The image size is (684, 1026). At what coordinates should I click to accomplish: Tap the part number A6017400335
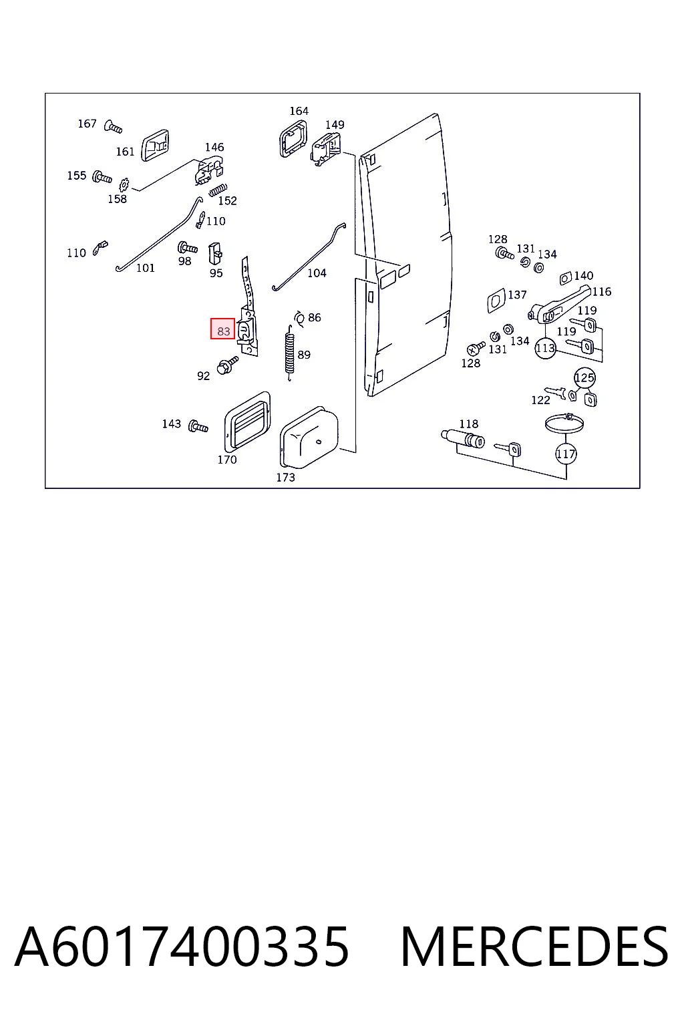tap(182, 947)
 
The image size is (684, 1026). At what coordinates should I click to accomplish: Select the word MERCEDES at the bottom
tap(534, 947)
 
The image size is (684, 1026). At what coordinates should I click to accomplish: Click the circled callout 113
tap(545, 348)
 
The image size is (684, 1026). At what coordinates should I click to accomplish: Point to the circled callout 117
tap(566, 454)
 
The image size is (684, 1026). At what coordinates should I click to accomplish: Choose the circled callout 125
tap(584, 378)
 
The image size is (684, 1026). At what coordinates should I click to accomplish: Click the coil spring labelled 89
tap(289, 353)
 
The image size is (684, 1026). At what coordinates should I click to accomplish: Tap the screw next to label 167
tap(113, 126)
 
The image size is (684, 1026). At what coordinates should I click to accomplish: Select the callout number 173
tap(285, 478)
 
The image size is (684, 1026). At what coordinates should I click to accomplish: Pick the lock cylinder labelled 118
tap(463, 439)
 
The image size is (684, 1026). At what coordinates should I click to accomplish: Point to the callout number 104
tap(317, 273)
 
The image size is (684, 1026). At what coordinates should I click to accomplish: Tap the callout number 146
tap(214, 147)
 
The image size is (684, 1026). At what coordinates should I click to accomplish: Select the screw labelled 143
tap(198, 426)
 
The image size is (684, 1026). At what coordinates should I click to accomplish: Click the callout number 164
tap(299, 111)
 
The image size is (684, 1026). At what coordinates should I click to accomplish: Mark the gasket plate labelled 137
tap(496, 301)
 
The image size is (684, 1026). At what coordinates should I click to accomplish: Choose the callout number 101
tap(145, 268)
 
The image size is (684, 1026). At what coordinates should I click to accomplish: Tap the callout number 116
tap(602, 291)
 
